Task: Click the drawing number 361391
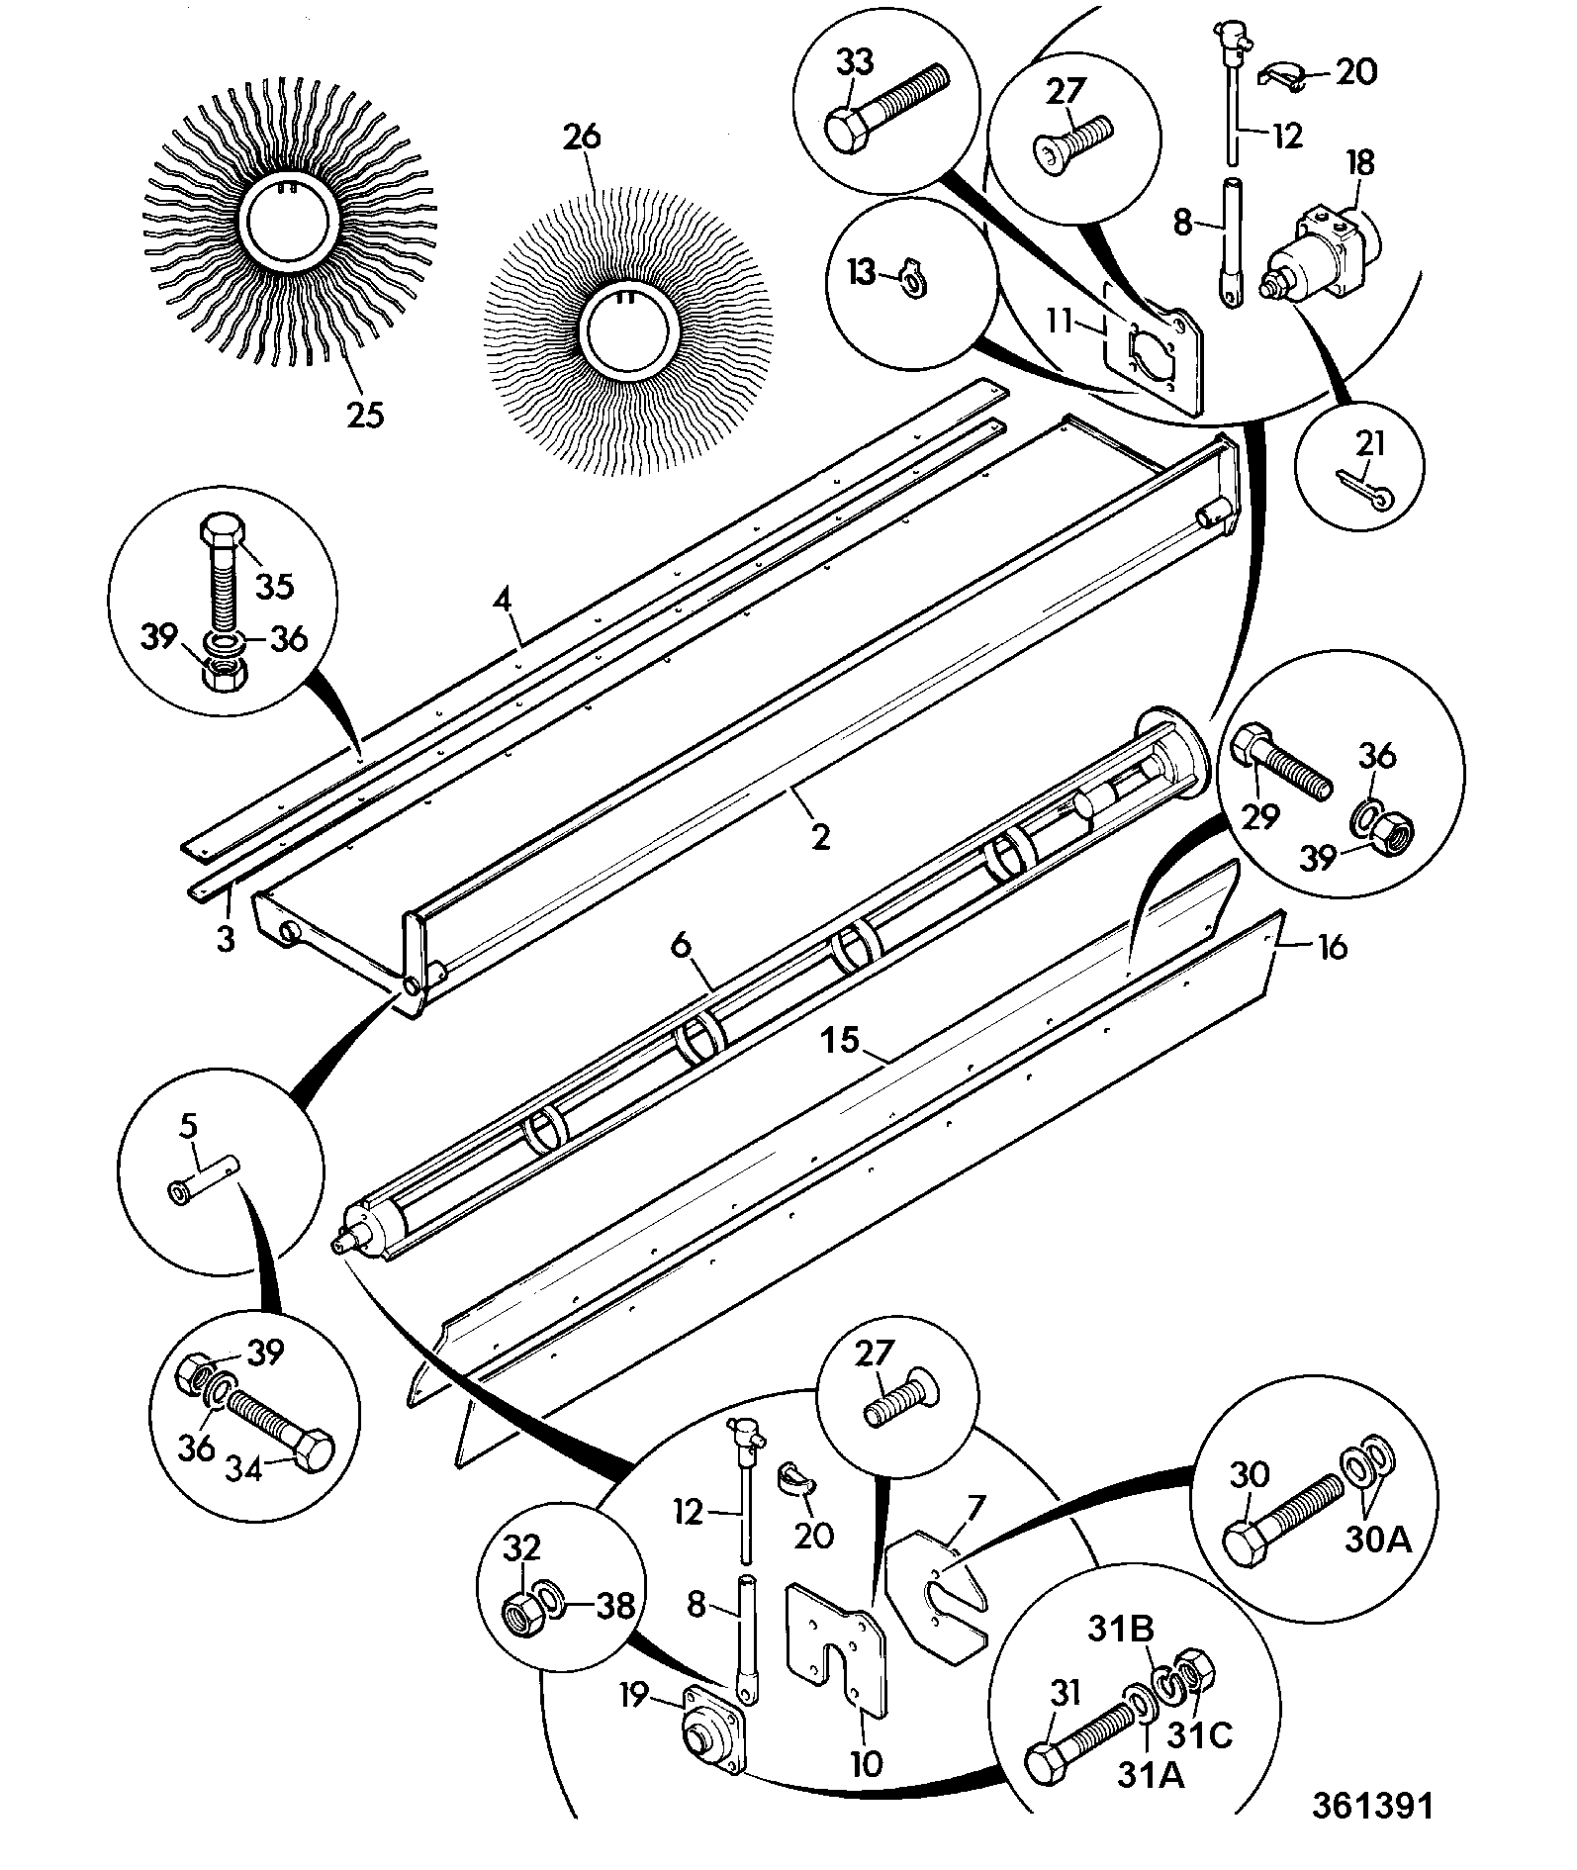[x=1371, y=1805]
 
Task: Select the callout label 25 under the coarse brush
[x=364, y=414]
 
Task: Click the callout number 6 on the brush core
[x=681, y=945]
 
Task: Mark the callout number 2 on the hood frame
[x=820, y=837]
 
